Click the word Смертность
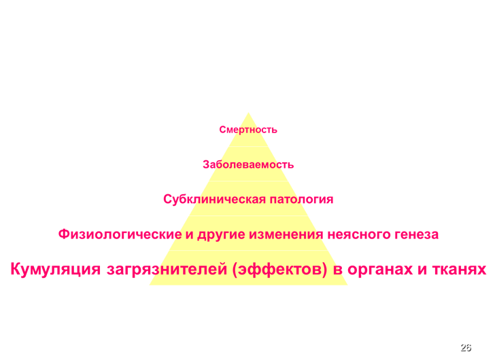coord(248,130)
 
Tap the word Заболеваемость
coord(248,164)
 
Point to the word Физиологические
coord(120,234)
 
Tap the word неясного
coord(358,234)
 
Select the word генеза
coord(415,234)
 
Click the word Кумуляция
coord(55,270)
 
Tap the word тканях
coord(459,270)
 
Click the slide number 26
coord(465,347)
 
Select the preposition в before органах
coord(338,270)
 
